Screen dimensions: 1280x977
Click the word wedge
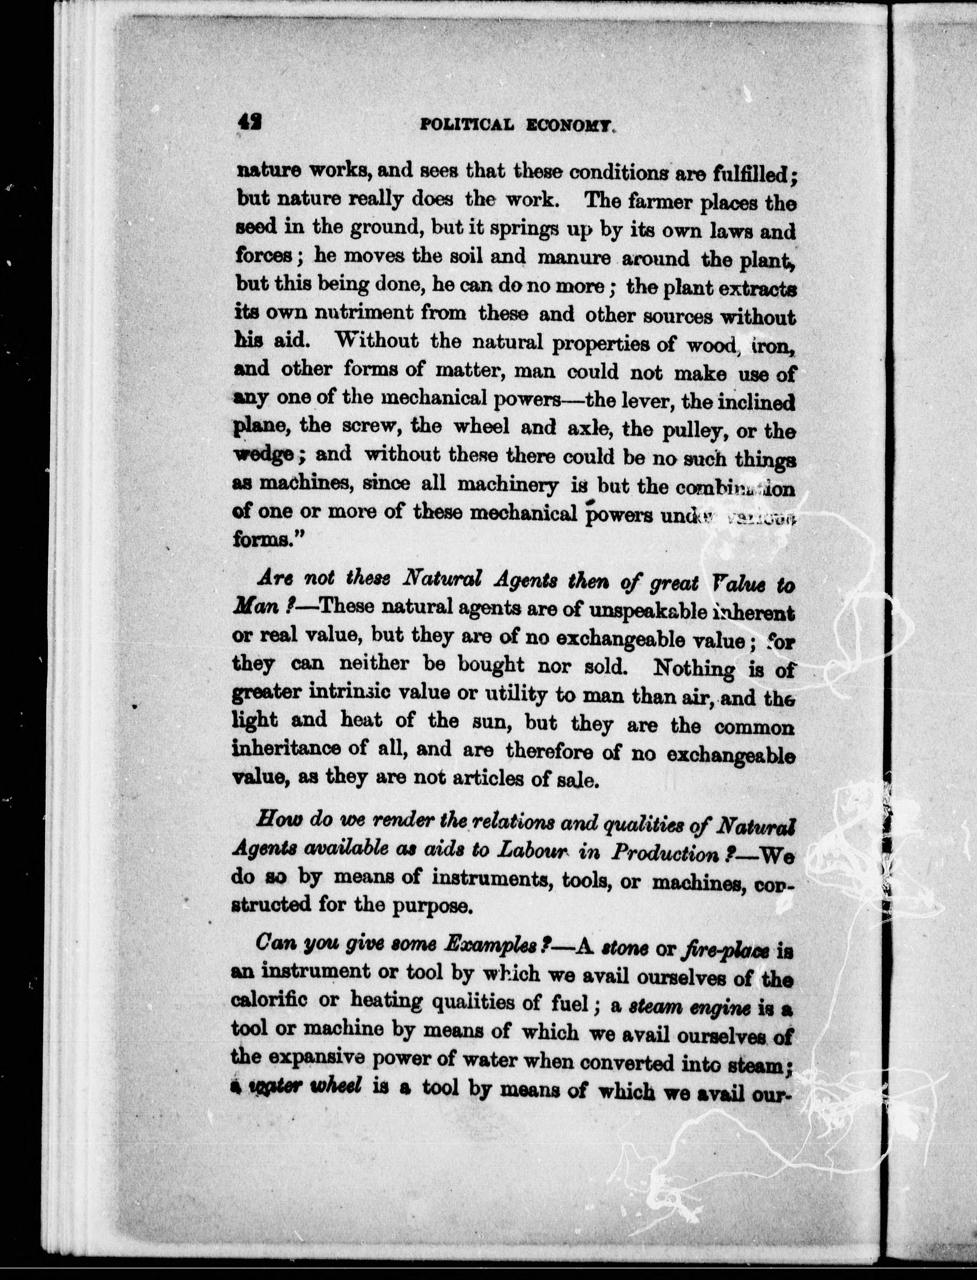point(261,455)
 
